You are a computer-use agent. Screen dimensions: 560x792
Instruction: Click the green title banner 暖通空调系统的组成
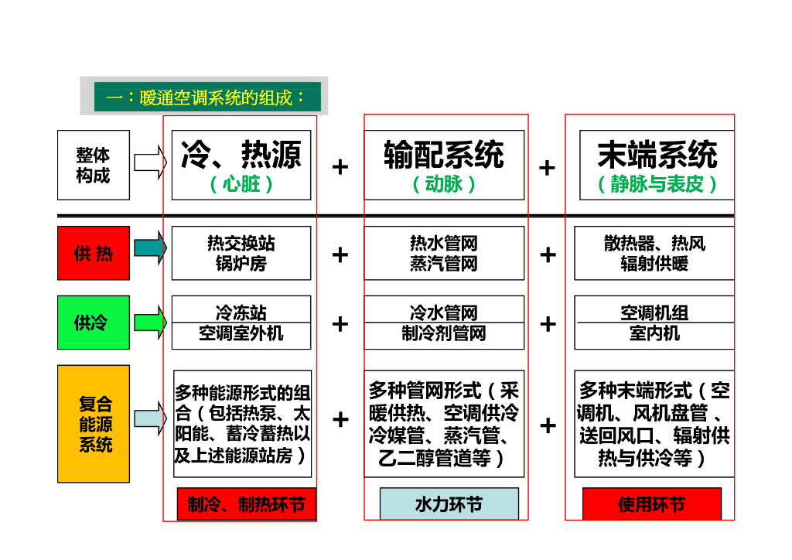pyautogui.click(x=207, y=97)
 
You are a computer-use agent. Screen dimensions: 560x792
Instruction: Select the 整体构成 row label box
pyautogui.click(x=94, y=165)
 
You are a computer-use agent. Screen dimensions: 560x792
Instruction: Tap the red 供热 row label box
pyautogui.click(x=94, y=253)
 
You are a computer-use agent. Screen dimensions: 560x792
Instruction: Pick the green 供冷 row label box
pyautogui.click(x=94, y=322)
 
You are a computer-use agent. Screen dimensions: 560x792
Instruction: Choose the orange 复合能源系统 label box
pyautogui.click(x=94, y=424)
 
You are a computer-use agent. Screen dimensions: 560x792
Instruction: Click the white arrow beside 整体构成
pyautogui.click(x=150, y=162)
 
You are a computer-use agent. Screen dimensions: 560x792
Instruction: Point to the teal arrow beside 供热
pyautogui.click(x=150, y=248)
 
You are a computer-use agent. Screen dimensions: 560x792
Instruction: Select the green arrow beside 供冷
pyautogui.click(x=150, y=322)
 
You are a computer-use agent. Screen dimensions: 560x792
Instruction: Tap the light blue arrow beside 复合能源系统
pyautogui.click(x=150, y=418)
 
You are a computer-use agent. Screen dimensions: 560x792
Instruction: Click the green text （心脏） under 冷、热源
pyautogui.click(x=241, y=184)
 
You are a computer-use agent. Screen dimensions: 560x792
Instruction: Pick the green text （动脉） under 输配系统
pyautogui.click(x=444, y=184)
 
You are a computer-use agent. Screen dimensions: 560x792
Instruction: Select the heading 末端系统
pyautogui.click(x=657, y=155)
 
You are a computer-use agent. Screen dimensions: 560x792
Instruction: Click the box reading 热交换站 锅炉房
pyautogui.click(x=241, y=253)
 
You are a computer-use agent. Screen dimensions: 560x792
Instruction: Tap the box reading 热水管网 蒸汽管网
pyautogui.click(x=444, y=253)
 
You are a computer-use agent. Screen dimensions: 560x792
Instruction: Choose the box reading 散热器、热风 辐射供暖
pyautogui.click(x=654, y=253)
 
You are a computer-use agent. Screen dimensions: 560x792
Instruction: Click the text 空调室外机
pyautogui.click(x=241, y=333)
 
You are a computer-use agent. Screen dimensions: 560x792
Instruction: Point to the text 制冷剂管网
pyautogui.click(x=444, y=333)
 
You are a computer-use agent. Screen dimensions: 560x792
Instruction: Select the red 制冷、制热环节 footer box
pyautogui.click(x=246, y=504)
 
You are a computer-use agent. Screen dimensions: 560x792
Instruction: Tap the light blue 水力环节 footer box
pyautogui.click(x=449, y=504)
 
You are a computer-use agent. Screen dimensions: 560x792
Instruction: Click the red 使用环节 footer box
pyautogui.click(x=651, y=504)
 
